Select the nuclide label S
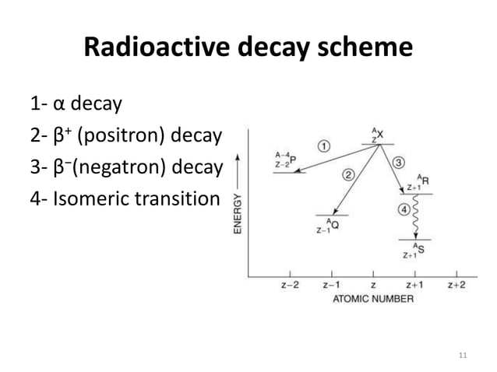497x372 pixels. [422, 251]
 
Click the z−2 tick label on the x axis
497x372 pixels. [291, 285]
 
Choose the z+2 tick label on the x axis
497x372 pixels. [456, 285]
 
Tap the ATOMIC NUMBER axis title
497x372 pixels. [375, 298]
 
